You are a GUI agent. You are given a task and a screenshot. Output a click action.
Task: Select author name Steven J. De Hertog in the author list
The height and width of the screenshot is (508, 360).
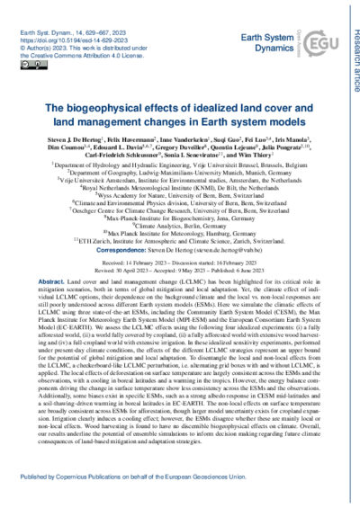(x=56, y=120)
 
